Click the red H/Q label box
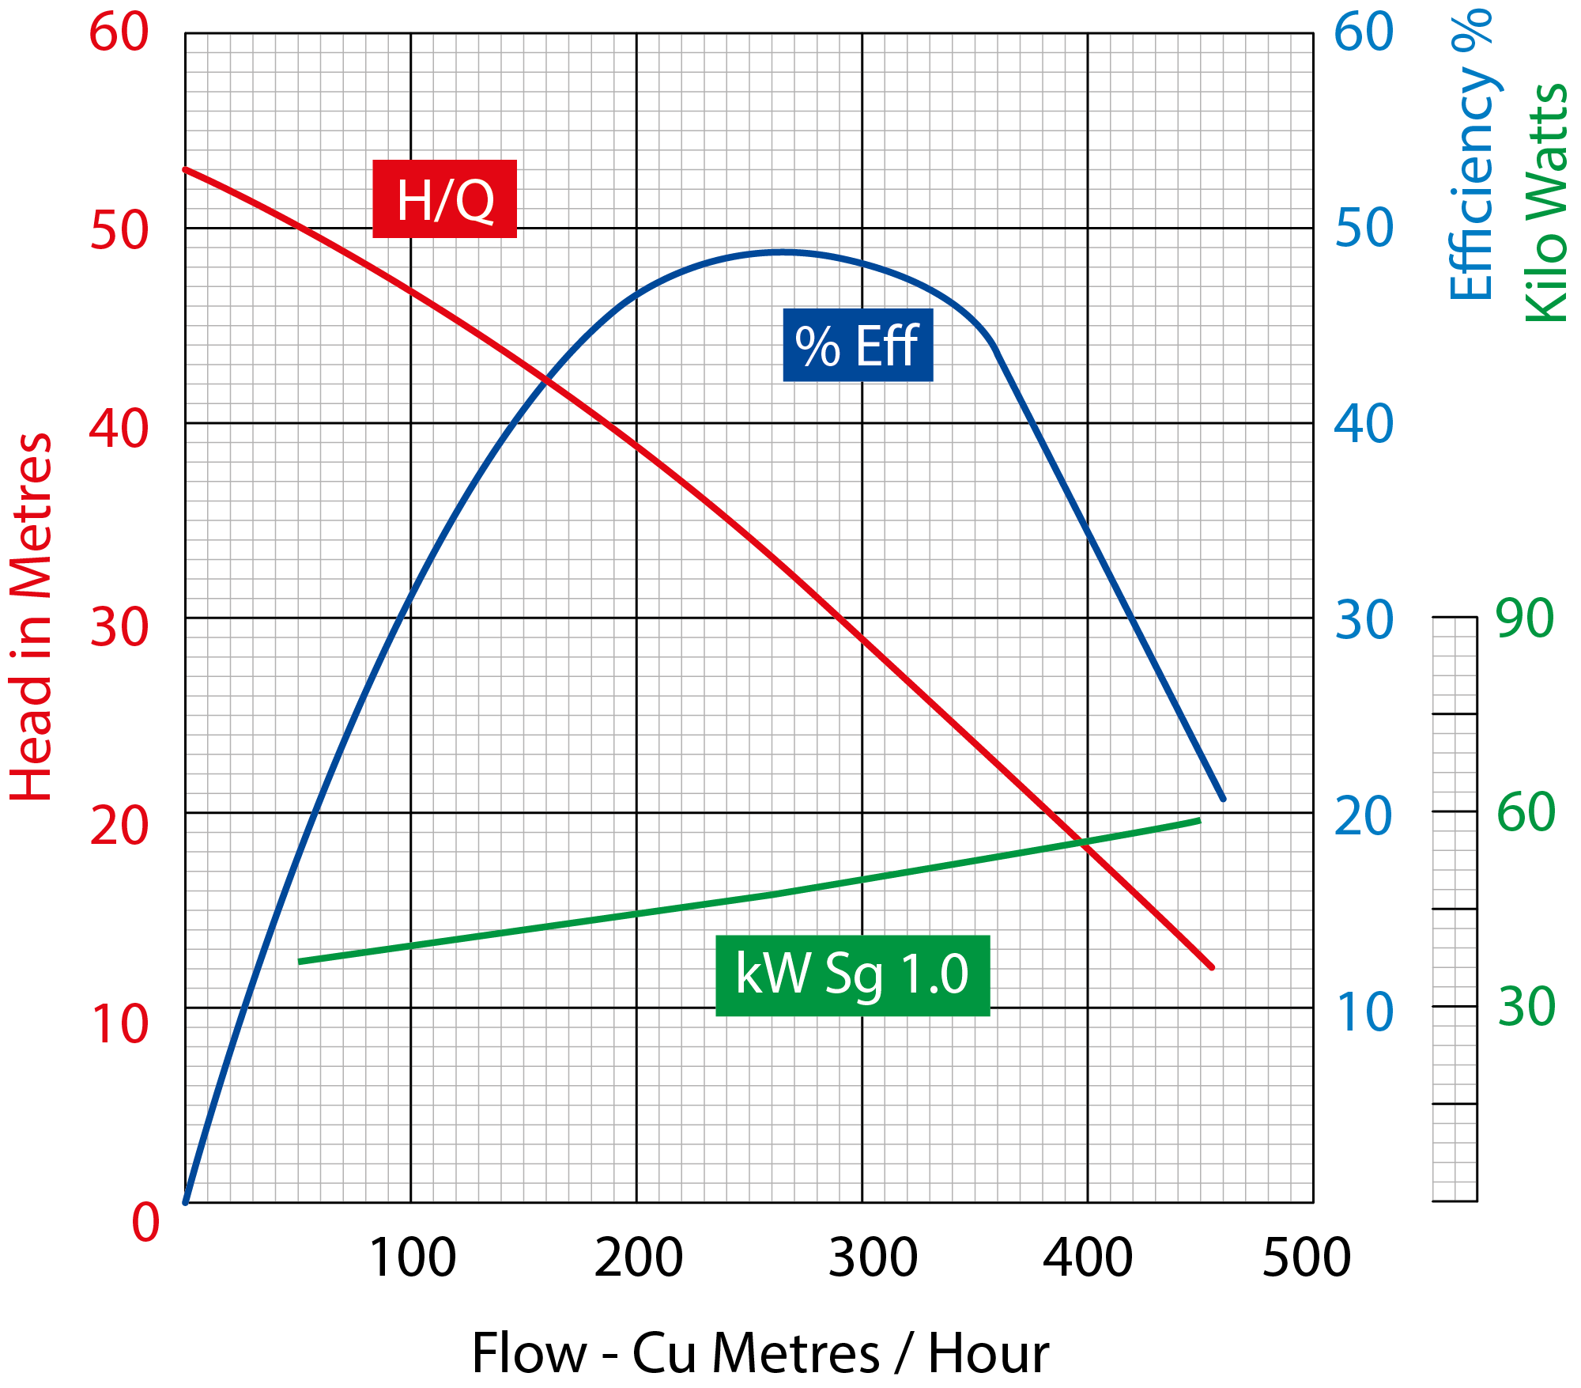click(444, 199)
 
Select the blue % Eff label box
click(858, 346)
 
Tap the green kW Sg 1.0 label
click(852, 975)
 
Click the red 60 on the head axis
click(119, 33)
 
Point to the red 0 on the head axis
click(145, 1222)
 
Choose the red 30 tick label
click(119, 628)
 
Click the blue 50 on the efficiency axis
click(1364, 229)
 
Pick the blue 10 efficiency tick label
click(1364, 1012)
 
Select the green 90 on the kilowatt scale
click(1525, 618)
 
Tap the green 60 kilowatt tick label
click(1526, 812)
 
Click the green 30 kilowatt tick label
click(1526, 1007)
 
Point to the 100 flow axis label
click(412, 1258)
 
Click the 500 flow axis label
click(1306, 1258)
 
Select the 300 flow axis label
click(873, 1258)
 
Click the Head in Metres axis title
click(32, 617)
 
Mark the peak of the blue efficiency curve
click(783, 252)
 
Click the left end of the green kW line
click(300, 962)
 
